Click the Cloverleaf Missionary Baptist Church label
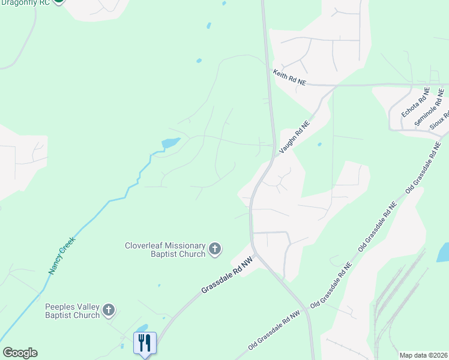[165, 250]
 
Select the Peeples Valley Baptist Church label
[72, 311]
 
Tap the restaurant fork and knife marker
[145, 343]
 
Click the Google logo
[20, 353]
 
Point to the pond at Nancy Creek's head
[170, 143]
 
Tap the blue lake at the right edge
[443, 253]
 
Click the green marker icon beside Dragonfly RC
[58, 2]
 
